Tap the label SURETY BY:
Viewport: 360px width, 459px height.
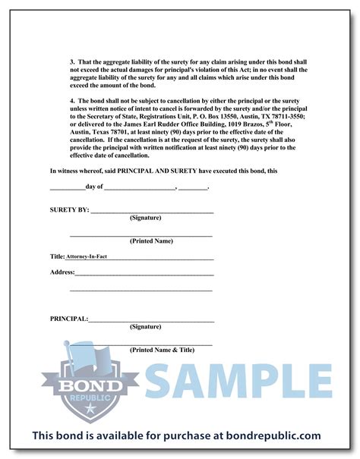coord(69,209)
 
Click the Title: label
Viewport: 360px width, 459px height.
coord(57,256)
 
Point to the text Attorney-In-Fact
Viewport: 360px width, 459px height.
coord(87,257)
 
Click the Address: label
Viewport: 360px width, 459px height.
coord(62,272)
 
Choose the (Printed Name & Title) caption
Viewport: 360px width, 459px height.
coord(163,351)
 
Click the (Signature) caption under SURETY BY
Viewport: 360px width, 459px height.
coord(144,218)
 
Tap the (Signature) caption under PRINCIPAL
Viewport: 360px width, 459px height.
coord(144,327)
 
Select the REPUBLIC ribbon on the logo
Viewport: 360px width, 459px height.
coord(81,397)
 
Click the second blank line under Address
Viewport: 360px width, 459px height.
coord(141,289)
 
